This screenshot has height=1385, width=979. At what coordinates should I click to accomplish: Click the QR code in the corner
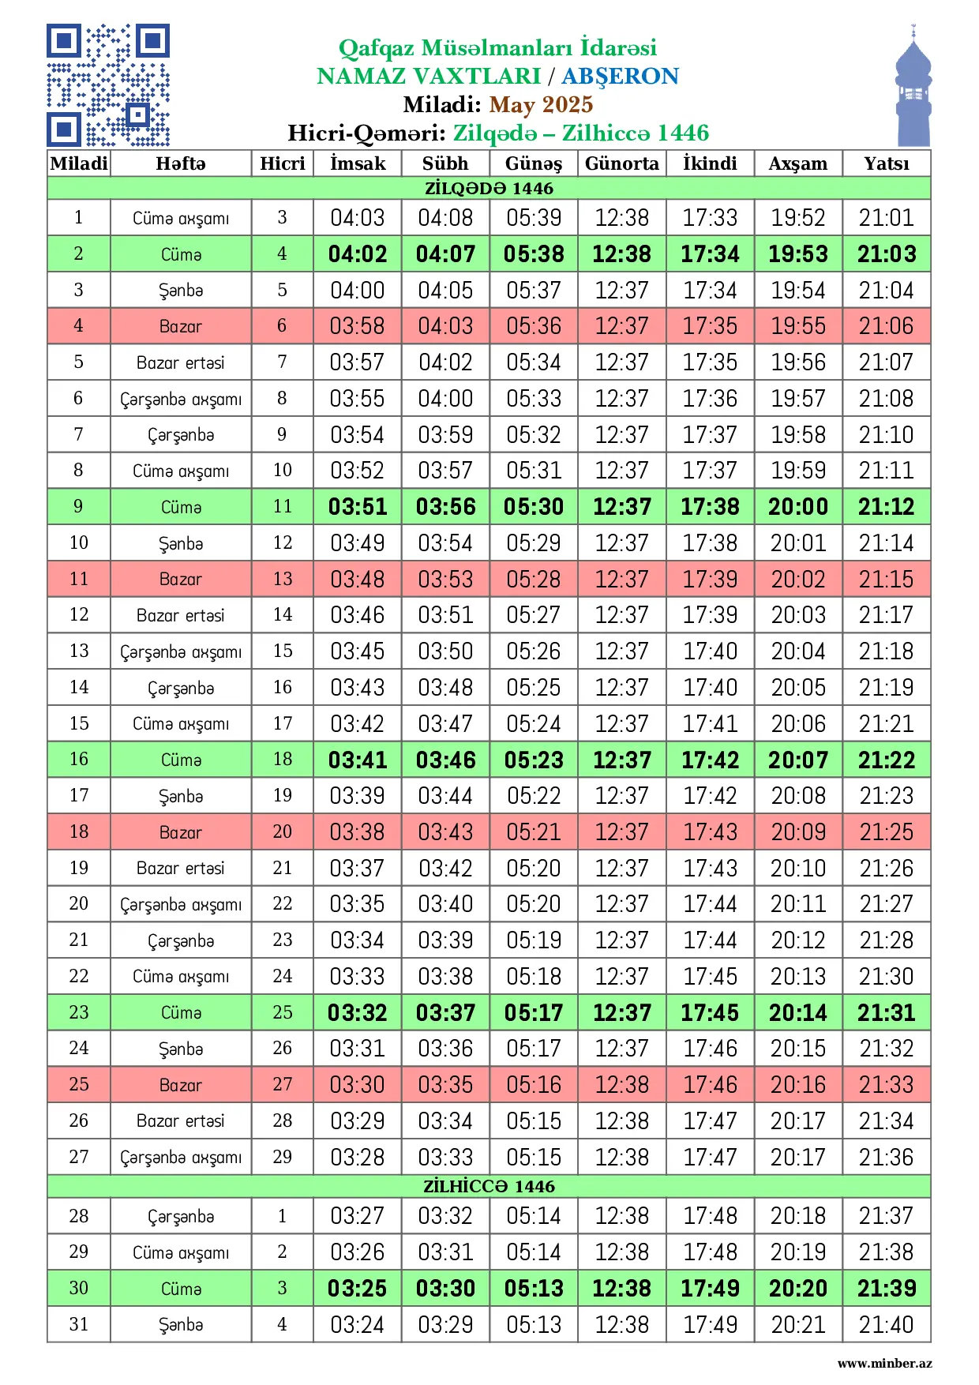coord(108,85)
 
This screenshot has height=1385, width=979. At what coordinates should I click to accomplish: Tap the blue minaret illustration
coord(913,91)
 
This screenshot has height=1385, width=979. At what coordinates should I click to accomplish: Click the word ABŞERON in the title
coord(620,76)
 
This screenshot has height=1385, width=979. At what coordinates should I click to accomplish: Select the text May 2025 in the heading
coord(541,104)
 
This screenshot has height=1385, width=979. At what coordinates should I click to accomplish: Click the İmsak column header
coord(358,163)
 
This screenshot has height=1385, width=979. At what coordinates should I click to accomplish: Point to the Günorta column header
coord(621,163)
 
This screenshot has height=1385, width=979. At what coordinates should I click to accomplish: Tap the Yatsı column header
coord(886,163)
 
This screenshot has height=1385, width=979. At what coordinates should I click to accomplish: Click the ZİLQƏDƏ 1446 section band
coord(489,188)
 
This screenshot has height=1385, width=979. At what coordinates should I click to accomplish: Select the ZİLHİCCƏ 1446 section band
coord(489,1186)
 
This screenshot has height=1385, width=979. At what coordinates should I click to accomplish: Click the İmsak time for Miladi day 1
coord(358,217)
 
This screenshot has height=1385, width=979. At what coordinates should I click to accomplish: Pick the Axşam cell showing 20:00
coord(798,507)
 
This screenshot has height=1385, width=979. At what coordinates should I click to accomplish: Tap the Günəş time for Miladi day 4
coord(534,326)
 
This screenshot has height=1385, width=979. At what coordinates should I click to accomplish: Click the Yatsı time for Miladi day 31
coord(886,1324)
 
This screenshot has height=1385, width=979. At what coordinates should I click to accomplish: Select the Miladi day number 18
coord(79,831)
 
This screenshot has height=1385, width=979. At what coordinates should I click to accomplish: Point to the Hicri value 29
coord(282,1157)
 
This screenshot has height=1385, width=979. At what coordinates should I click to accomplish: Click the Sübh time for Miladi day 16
coord(445,760)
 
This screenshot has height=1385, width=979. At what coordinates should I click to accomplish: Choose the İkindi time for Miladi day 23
coord(710,1012)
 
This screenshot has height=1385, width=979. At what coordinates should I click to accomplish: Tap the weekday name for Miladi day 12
coord(180,615)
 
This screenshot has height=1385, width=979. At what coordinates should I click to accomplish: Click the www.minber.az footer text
coord(884,1363)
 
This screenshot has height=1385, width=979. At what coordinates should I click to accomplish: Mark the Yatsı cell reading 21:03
coord(886,254)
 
